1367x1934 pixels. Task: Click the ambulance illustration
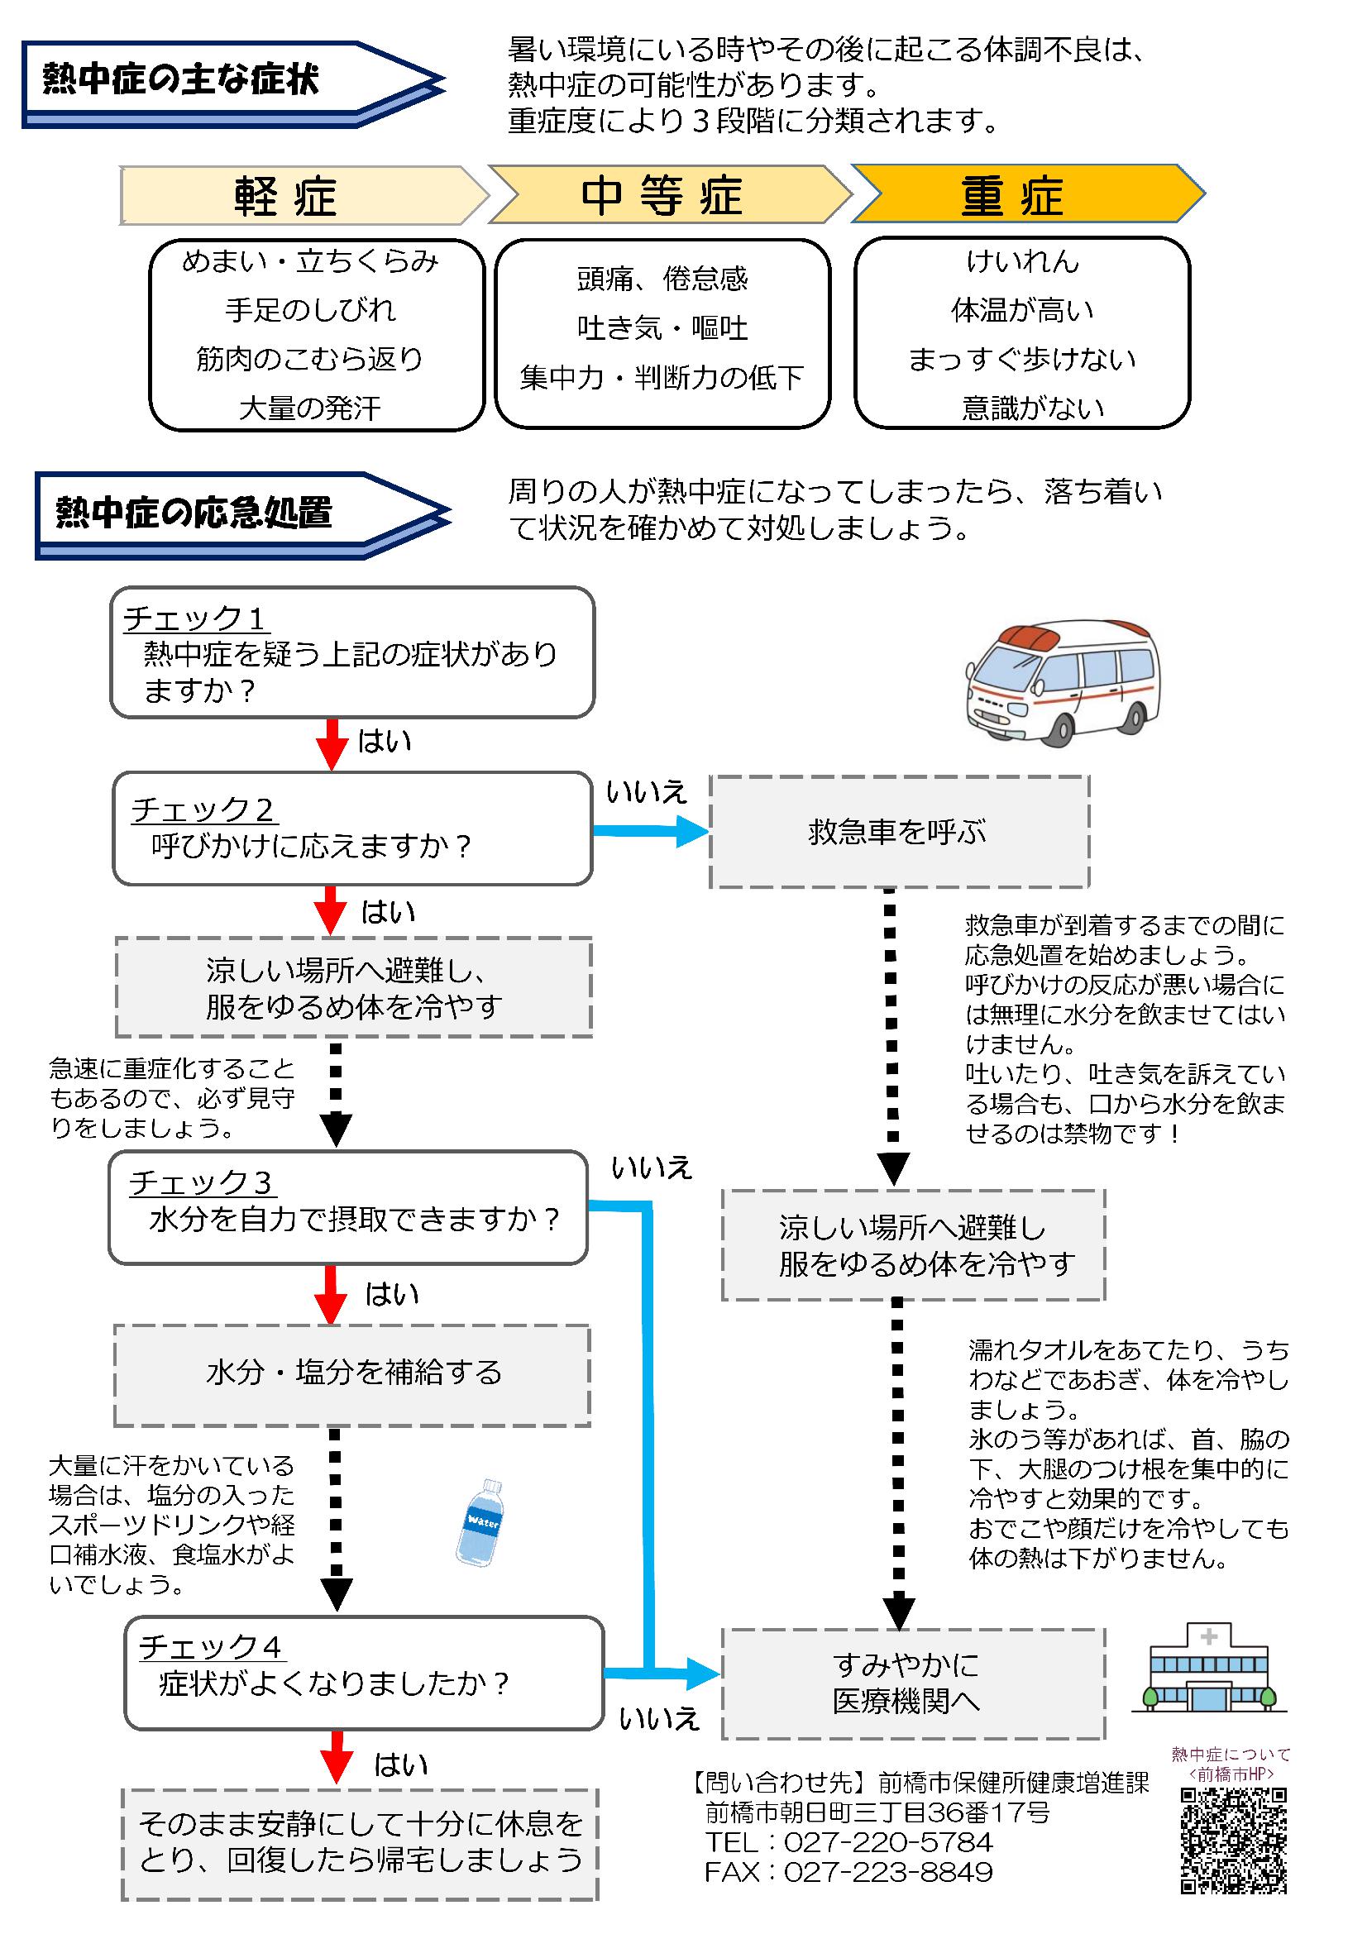coord(1061,683)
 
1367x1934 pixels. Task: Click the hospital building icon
coord(1209,1669)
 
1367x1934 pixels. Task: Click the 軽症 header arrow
coord(304,195)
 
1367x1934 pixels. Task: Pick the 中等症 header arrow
coord(671,194)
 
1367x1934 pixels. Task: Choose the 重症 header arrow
coord(1029,193)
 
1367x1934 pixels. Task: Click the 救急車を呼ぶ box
coord(899,831)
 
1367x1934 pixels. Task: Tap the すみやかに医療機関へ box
coord(913,1683)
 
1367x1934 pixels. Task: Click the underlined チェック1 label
coord(195,618)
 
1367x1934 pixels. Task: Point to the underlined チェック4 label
coord(211,1647)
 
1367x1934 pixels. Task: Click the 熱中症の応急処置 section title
coord(194,512)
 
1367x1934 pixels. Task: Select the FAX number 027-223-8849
coord(889,1872)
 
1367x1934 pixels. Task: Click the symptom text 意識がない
coord(1034,408)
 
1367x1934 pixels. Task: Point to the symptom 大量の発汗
coord(311,408)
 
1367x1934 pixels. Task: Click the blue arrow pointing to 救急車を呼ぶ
coord(651,831)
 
